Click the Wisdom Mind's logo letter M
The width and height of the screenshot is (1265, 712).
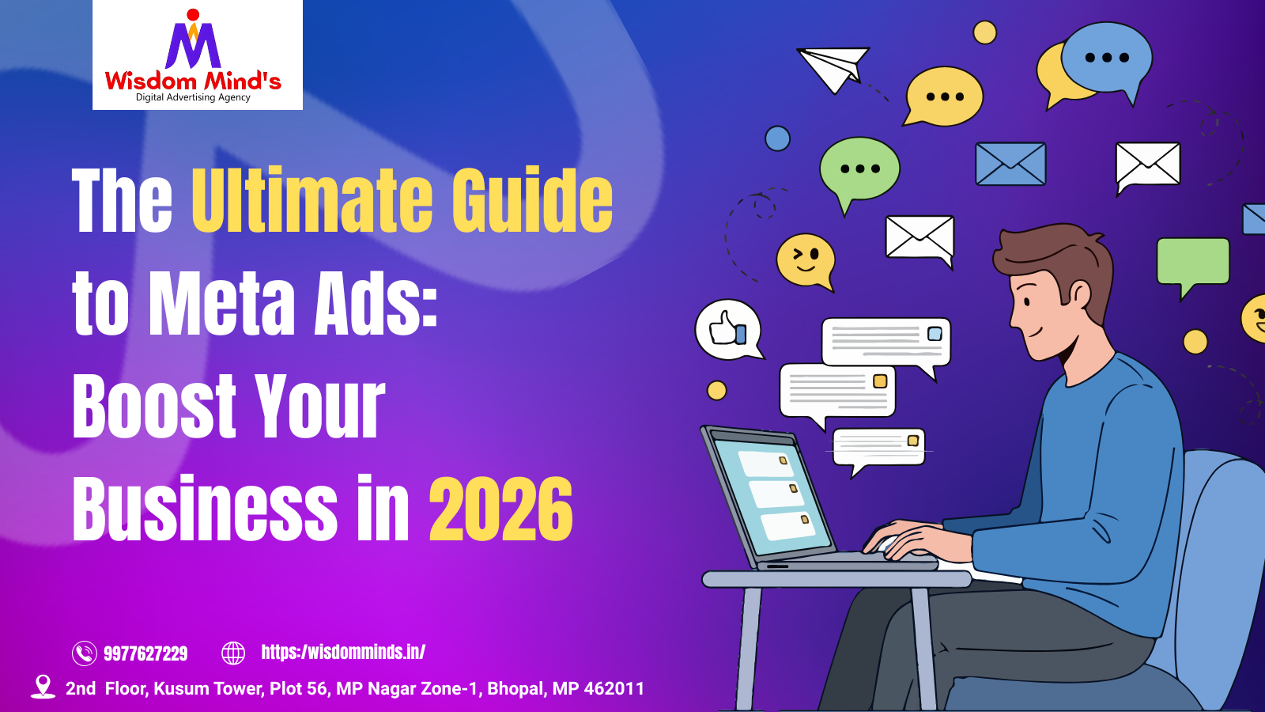click(193, 46)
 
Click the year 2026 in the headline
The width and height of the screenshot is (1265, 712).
click(500, 510)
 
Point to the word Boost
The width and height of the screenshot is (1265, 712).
click(154, 407)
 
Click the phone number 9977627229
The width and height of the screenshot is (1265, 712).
click(145, 653)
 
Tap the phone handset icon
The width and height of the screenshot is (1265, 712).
click(85, 653)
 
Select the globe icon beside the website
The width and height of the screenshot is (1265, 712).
click(233, 653)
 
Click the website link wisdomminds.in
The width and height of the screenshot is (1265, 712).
click(343, 652)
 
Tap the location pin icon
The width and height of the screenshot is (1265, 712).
click(43, 686)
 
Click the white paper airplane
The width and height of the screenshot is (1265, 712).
click(832, 68)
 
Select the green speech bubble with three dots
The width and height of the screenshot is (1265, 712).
click(859, 169)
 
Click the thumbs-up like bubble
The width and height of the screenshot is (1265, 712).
click(728, 329)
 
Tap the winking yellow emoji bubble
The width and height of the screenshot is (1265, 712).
click(806, 259)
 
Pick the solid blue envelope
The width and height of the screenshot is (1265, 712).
click(1010, 164)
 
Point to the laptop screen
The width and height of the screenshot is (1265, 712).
click(771, 494)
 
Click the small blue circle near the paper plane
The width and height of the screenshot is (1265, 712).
click(777, 138)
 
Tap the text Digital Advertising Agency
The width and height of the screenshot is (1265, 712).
click(193, 97)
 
